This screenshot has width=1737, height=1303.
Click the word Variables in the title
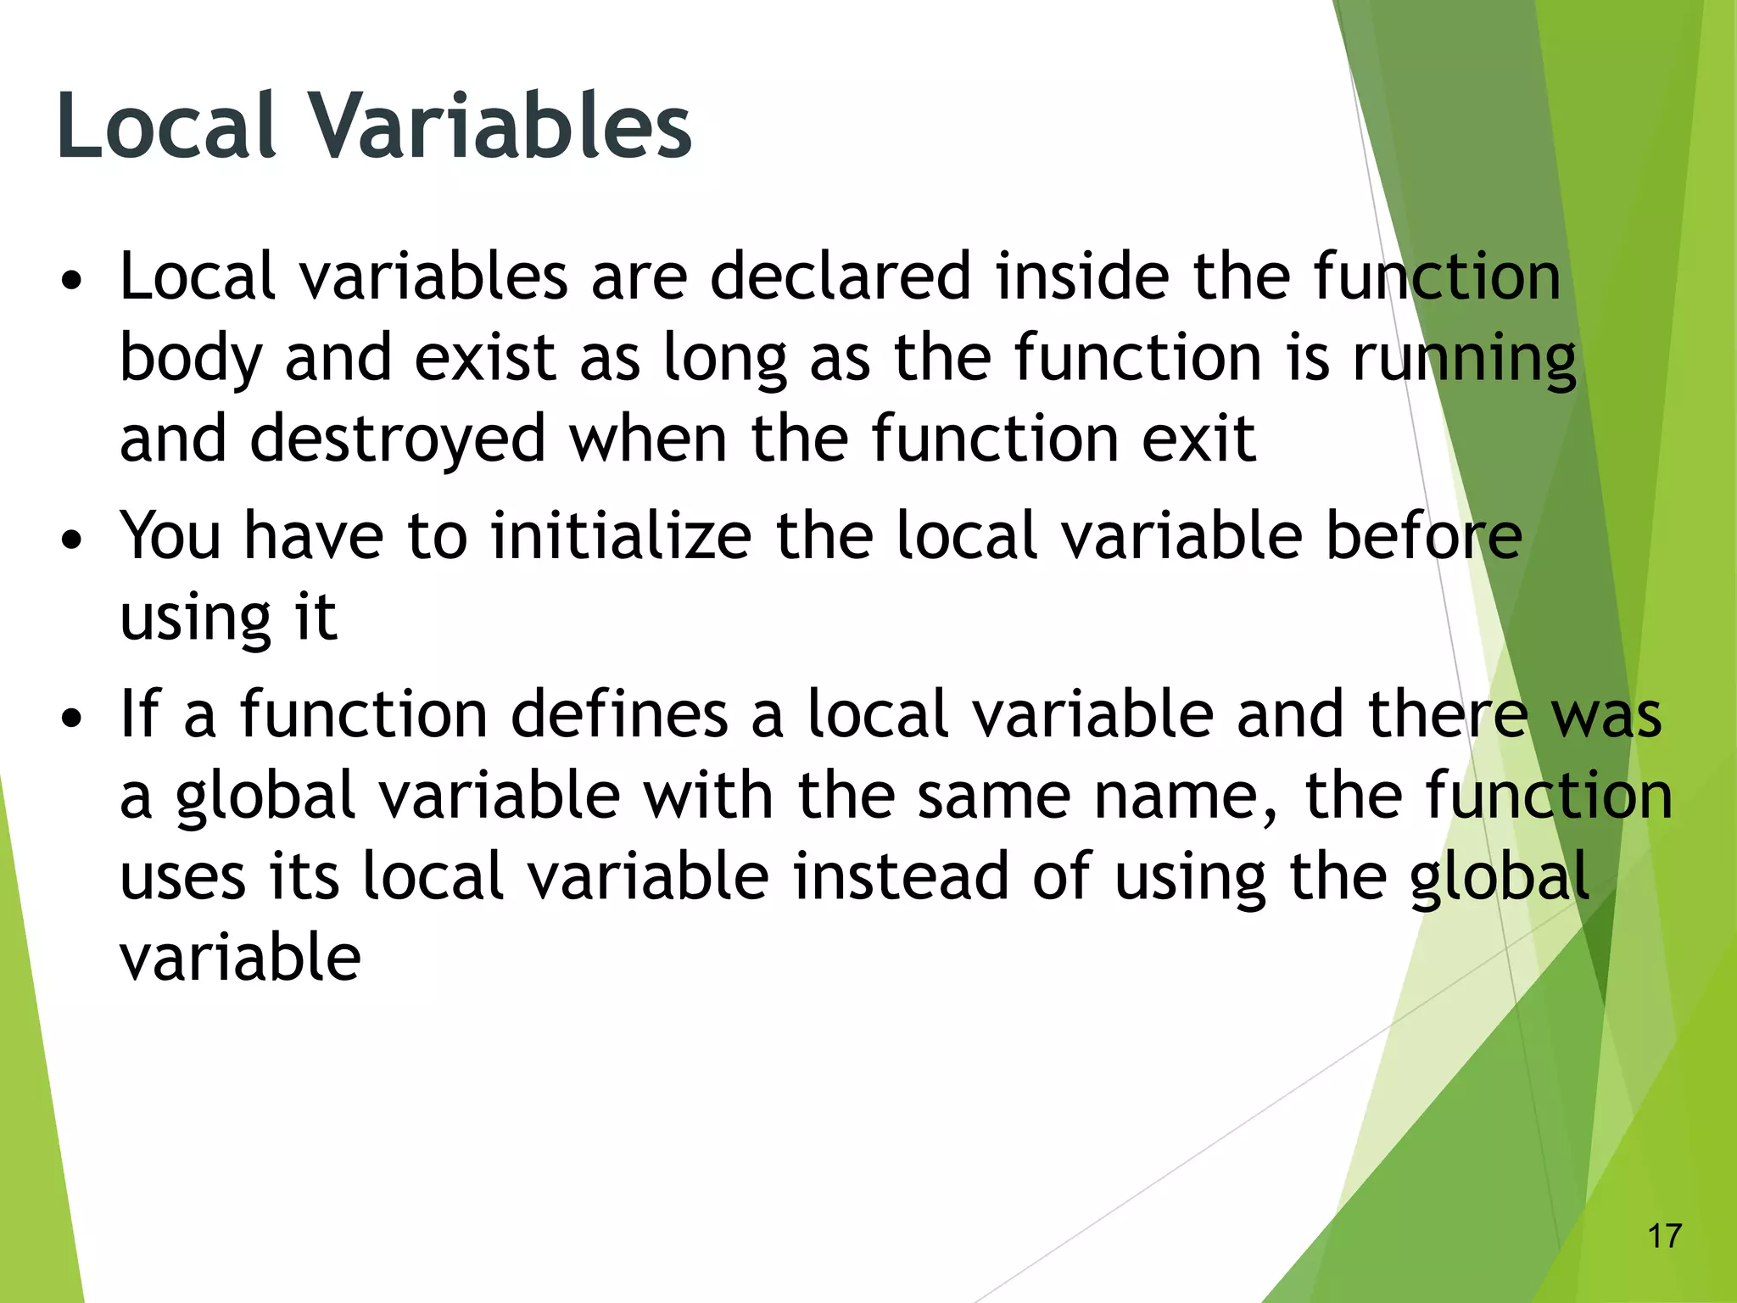[x=500, y=126]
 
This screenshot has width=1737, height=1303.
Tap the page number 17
[x=1664, y=1236]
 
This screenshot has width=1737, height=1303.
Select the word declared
[x=840, y=277]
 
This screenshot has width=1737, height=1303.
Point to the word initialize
[x=621, y=536]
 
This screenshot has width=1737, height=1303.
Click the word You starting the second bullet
[x=170, y=536]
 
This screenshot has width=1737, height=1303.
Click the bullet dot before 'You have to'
[x=73, y=540]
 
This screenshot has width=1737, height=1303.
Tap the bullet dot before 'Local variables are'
[x=73, y=280]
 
